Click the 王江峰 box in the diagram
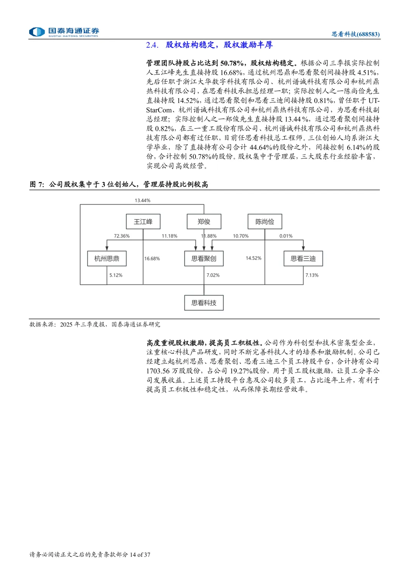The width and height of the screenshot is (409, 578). coord(143,222)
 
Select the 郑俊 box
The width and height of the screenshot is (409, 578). coord(204,222)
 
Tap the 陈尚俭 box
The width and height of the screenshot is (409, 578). coord(265,222)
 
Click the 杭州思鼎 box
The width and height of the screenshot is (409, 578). coord(107,259)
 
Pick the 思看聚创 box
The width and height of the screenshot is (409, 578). coord(204,259)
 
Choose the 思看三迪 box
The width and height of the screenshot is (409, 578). coord(303,259)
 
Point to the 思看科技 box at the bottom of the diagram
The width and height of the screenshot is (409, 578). coord(204,303)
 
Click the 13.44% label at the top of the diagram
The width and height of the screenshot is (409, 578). coord(142,201)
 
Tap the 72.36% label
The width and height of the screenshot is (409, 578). coord(122,236)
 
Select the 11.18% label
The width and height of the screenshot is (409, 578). coord(169,236)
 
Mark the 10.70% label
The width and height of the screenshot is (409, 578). coord(240,236)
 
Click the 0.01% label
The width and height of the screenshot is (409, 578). coord(286,236)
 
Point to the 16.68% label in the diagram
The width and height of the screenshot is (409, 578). coord(152,259)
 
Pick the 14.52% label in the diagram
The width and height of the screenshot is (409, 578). coord(253,258)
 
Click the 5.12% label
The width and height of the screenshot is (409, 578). coord(116,276)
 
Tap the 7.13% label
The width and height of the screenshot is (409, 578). coord(312,276)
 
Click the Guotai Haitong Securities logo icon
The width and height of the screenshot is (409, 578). coord(37,32)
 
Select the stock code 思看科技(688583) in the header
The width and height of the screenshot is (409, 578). coord(356,34)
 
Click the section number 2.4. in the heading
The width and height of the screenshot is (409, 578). coord(152,45)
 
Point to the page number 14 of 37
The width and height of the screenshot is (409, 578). coord(140,555)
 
